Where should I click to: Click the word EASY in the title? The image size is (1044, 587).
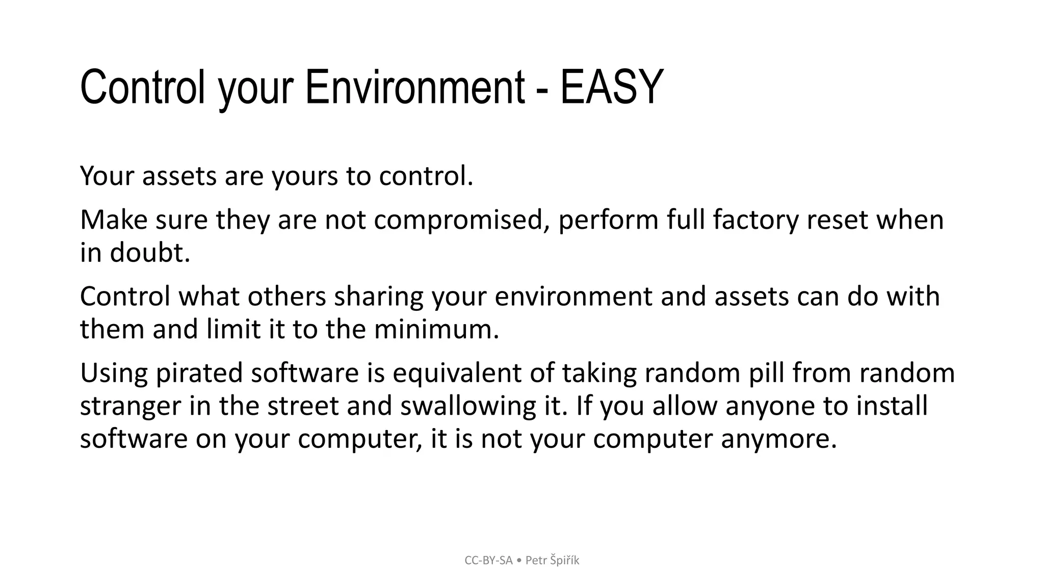(611, 87)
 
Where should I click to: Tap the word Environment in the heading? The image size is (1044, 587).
(415, 87)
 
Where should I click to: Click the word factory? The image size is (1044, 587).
(755, 220)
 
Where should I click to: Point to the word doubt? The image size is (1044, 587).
(149, 253)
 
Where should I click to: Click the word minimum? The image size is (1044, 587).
(436, 329)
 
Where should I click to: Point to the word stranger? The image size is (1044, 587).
(130, 406)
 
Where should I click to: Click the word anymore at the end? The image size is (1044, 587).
(778, 439)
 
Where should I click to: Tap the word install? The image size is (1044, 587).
(892, 406)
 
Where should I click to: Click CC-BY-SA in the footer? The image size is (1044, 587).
(488, 561)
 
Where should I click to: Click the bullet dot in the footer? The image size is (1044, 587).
(519, 561)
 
